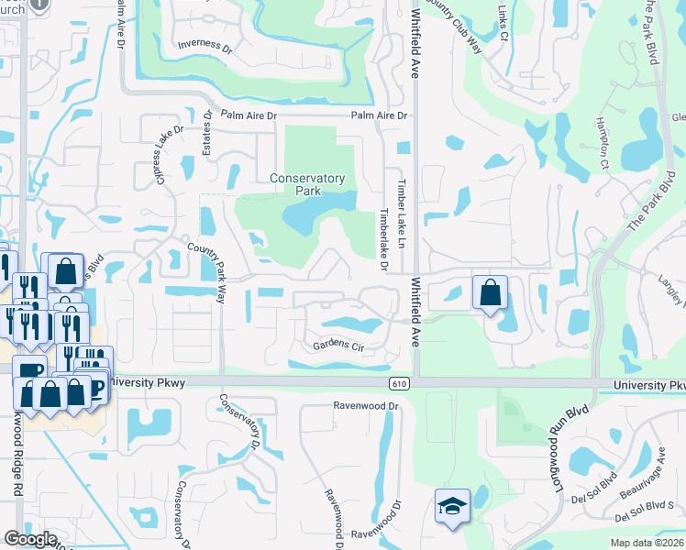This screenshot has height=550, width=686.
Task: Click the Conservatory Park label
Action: point(307,184)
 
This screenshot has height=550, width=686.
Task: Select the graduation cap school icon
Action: point(452,507)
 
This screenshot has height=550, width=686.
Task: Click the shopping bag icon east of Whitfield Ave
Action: point(491,293)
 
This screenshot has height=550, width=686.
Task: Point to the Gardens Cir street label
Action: point(338,347)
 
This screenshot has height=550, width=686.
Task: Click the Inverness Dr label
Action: point(205,44)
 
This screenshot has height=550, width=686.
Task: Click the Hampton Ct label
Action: point(603,146)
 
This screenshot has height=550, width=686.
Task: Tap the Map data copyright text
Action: point(647,543)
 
